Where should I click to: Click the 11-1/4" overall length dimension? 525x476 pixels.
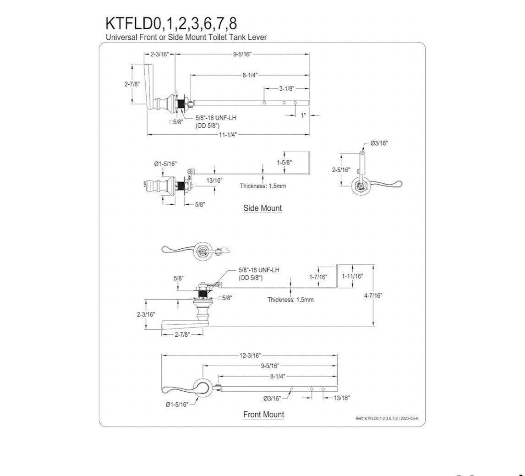click(x=228, y=135)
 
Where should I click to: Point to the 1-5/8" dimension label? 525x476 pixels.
click(x=284, y=162)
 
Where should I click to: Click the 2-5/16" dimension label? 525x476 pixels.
click(x=341, y=170)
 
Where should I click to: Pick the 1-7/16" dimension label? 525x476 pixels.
click(x=318, y=277)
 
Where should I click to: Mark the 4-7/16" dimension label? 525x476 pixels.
click(x=373, y=295)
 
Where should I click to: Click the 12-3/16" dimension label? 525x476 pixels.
click(x=250, y=355)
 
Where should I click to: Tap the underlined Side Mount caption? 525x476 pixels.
click(x=262, y=208)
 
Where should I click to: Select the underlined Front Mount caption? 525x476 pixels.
click(x=263, y=415)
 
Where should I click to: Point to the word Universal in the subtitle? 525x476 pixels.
click(x=120, y=37)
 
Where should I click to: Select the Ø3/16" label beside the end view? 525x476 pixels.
click(x=379, y=143)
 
